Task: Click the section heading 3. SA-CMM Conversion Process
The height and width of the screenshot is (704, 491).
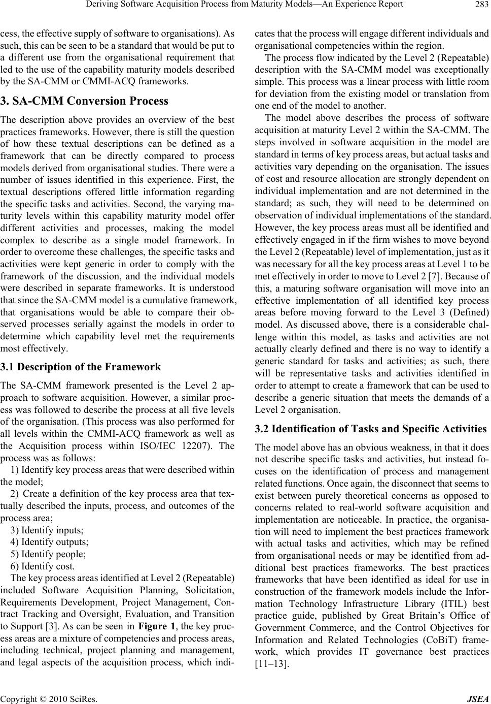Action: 84,101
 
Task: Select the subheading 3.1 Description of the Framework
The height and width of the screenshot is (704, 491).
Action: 81,367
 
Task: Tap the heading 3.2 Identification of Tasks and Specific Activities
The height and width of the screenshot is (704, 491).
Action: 370,429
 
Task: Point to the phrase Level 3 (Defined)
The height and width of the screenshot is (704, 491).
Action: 460,313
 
